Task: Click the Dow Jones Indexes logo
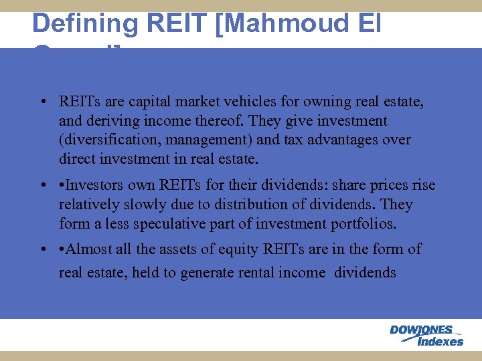click(x=426, y=335)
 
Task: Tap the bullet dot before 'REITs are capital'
click(x=42, y=103)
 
